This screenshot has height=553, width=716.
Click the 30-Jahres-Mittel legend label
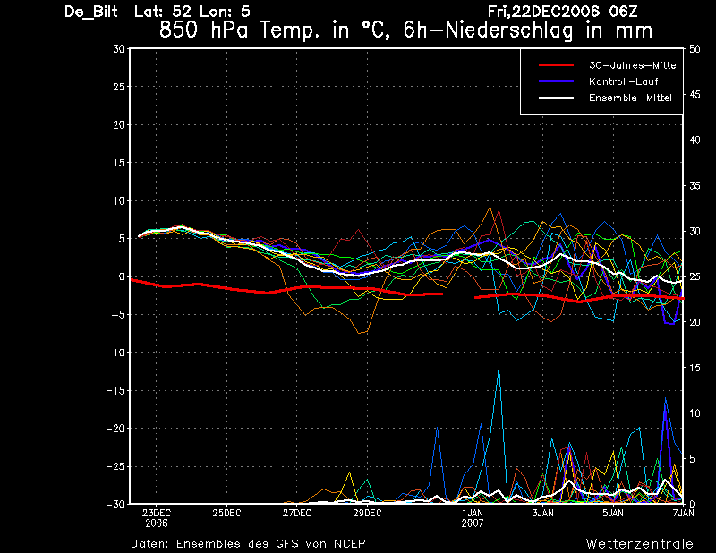click(634, 65)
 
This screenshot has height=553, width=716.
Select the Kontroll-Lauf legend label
click(623, 81)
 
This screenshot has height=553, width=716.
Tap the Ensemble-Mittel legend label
click(630, 98)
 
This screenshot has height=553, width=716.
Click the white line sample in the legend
click(556, 98)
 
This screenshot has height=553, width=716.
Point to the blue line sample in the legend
click(556, 81)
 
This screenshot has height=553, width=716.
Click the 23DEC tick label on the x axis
click(156, 513)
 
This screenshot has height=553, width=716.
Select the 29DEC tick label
click(367, 513)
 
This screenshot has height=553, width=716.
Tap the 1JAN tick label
click(473, 513)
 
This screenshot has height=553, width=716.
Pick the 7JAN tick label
click(683, 513)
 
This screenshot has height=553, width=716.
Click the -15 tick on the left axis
click(115, 391)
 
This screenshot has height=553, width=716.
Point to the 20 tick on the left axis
click(119, 124)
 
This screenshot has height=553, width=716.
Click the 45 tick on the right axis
click(695, 95)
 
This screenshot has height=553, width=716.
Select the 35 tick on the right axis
click(695, 186)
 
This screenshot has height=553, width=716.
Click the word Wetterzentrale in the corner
click(639, 544)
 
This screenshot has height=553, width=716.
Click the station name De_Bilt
click(91, 12)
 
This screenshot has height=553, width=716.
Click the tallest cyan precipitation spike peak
click(499, 367)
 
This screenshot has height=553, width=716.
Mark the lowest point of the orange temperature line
click(360, 334)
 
